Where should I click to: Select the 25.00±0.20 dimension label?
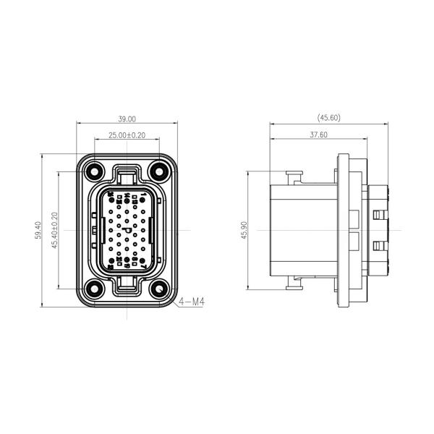point(127,135)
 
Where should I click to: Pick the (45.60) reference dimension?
point(328,117)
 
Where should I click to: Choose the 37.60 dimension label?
point(318,135)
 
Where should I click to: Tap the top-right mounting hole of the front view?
point(158,172)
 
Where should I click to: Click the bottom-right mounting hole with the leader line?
point(158,290)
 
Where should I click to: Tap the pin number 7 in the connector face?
point(142,267)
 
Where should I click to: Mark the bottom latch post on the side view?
point(293,285)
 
